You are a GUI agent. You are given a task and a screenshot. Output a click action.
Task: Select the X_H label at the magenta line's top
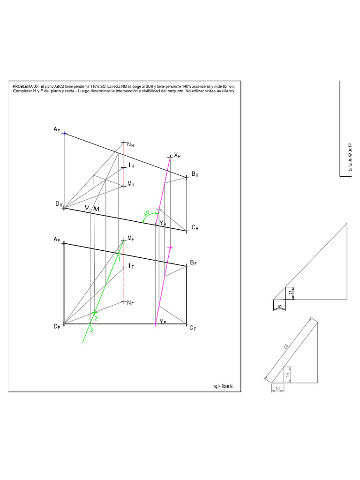pos(177,155)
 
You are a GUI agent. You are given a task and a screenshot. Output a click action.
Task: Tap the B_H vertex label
pos(195,174)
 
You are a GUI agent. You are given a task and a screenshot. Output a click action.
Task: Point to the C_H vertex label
pos(195,228)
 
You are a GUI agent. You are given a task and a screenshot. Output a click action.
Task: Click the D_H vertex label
pos(59,204)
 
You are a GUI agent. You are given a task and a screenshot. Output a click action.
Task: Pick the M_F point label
pos(131,239)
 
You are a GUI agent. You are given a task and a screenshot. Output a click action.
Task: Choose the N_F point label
pos(131,303)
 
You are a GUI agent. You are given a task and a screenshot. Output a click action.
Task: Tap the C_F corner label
pos(193,328)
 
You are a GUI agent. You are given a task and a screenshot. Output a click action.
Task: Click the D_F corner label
pos(57,326)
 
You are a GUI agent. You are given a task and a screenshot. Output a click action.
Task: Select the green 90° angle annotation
pos(146,213)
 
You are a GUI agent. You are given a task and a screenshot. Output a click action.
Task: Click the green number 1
pos(119,259)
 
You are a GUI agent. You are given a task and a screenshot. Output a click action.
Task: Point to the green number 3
pos(91,330)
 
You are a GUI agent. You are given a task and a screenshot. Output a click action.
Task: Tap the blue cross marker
pos(64,133)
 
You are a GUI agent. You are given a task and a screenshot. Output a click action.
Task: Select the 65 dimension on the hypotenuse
pos(285,346)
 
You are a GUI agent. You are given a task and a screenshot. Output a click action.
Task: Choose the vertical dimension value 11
pos(290,292)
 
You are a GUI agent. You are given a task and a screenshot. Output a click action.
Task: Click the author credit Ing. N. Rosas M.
pos(223,387)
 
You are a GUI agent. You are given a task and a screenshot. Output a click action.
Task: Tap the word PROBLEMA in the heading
pos(22,87)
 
